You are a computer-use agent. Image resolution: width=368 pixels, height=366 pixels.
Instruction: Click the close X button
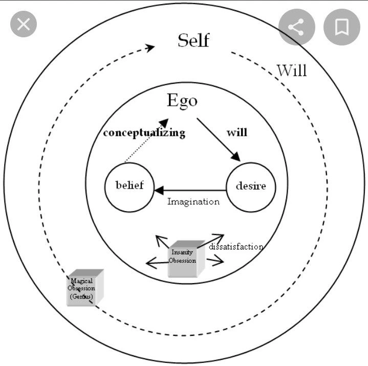pyautogui.click(x=24, y=24)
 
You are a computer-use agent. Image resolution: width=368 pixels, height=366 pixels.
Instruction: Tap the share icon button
pyautogui.click(x=296, y=27)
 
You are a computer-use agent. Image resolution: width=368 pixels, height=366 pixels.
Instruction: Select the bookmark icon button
pyautogui.click(x=341, y=27)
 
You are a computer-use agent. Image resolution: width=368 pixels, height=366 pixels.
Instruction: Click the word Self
pyautogui.click(x=193, y=40)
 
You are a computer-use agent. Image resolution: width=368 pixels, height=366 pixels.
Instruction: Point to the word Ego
pyautogui.click(x=182, y=100)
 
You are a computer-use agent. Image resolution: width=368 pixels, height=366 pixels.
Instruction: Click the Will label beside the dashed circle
pyautogui.click(x=292, y=70)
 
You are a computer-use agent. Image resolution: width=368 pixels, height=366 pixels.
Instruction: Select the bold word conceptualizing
pyautogui.click(x=144, y=133)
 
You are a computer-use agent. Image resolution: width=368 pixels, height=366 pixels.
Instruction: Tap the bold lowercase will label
pyautogui.click(x=236, y=132)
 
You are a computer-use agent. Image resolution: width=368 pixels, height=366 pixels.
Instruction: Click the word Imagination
pyautogui.click(x=193, y=201)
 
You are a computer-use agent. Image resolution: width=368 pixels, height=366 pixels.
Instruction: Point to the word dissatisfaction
pyautogui.click(x=236, y=246)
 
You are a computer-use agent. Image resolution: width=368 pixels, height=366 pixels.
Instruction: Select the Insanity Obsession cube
pyautogui.click(x=183, y=259)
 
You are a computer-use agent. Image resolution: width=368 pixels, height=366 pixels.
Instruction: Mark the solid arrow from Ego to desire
pyautogui.click(x=218, y=139)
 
